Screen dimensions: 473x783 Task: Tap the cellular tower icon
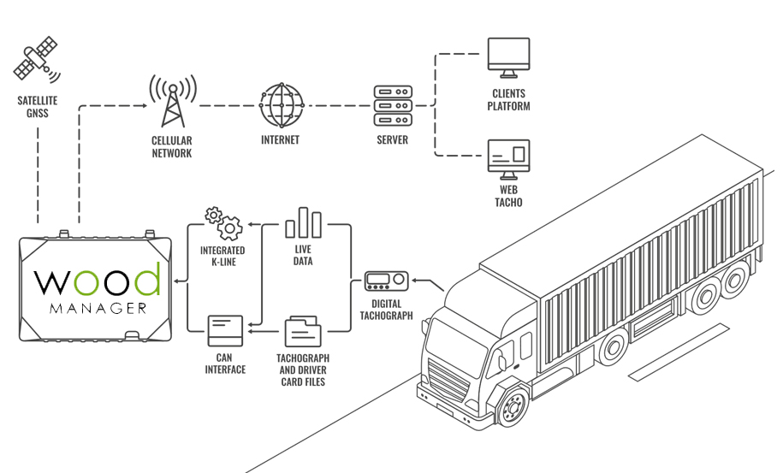(x=172, y=101)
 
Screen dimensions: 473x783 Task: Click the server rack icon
(x=393, y=104)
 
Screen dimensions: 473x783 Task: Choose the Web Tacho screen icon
(x=508, y=157)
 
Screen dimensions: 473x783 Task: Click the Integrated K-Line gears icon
(x=222, y=223)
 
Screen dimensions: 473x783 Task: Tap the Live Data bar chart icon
(x=303, y=222)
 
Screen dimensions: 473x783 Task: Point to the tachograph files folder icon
(x=303, y=330)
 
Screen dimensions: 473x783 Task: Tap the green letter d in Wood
(x=146, y=280)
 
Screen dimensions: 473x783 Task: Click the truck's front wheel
(x=511, y=407)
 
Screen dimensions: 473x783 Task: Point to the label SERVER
(x=393, y=140)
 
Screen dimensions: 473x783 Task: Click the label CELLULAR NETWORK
(x=172, y=147)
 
